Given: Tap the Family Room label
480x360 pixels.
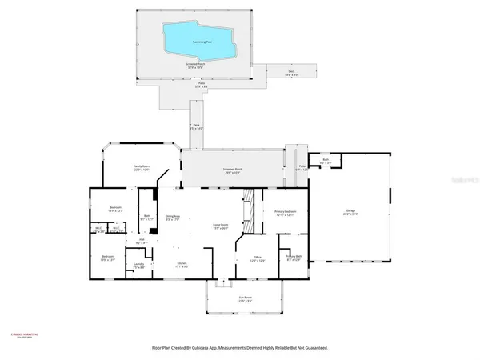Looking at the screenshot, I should [x=142, y=166].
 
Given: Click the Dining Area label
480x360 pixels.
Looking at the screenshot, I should [x=171, y=217].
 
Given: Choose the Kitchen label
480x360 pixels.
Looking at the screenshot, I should [x=182, y=263].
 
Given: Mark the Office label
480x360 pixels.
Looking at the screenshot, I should [x=257, y=258].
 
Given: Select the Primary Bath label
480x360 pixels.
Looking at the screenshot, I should [x=294, y=257].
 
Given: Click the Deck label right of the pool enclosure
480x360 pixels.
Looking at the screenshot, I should [x=291, y=72].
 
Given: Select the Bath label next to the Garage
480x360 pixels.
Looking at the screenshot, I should [x=326, y=161].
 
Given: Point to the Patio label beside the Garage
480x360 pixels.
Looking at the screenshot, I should [x=302, y=168].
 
